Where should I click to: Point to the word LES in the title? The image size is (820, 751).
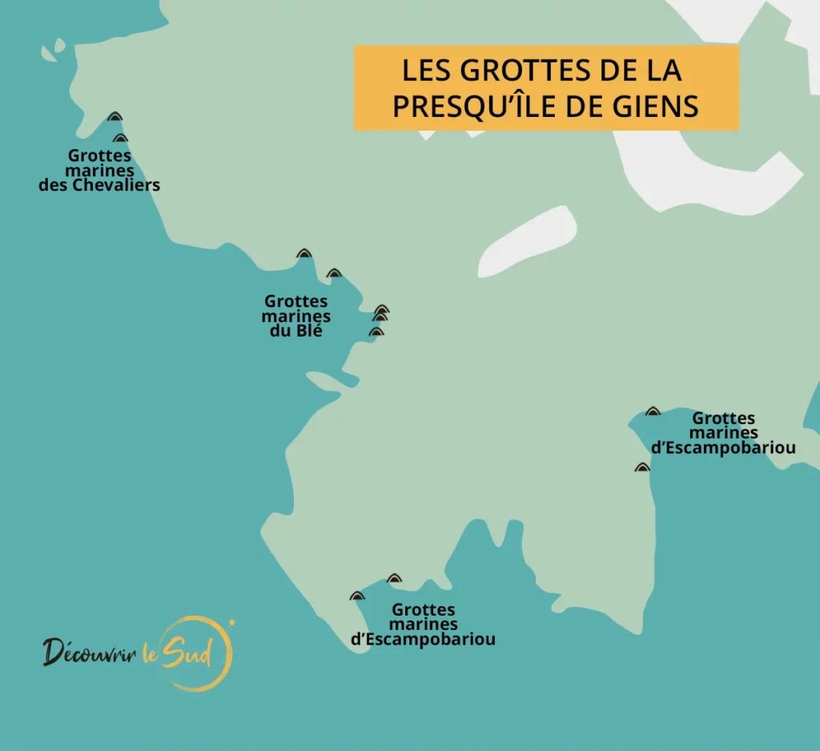tap(423, 71)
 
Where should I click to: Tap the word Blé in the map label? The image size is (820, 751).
tap(307, 330)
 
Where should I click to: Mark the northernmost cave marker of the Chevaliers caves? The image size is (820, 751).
tap(115, 117)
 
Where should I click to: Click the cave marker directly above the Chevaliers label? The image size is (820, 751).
tap(120, 139)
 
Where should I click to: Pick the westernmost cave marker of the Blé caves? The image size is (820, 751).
tap(303, 254)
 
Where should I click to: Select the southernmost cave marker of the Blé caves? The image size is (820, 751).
tap(376, 331)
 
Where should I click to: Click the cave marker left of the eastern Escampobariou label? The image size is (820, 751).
tap(653, 411)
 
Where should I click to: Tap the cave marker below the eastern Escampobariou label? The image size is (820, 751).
tap(641, 467)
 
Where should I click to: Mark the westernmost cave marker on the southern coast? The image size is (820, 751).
tap(356, 596)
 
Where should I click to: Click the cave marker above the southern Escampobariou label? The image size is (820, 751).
tap(394, 579)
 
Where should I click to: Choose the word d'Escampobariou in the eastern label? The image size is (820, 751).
tap(724, 448)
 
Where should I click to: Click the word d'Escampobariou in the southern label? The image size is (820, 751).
tap(423, 640)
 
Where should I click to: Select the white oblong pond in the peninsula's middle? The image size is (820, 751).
tap(531, 239)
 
